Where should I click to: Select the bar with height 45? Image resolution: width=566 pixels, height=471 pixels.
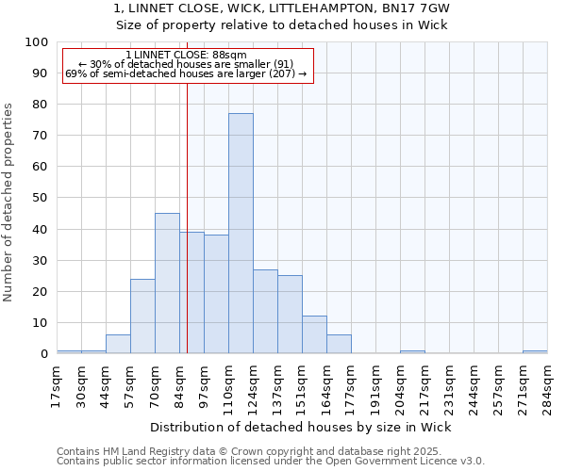coord(167,283)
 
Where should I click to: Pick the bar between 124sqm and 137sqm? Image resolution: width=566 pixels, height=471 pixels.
coord(265,311)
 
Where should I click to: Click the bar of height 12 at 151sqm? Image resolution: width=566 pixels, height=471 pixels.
coord(314,334)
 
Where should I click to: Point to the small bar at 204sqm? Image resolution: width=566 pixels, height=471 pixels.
coord(412,351)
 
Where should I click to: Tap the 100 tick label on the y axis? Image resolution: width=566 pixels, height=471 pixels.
coord(37,42)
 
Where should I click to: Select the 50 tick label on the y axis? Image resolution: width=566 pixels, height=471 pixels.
coord(41,198)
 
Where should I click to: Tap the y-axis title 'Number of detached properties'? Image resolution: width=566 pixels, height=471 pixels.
coord(9,202)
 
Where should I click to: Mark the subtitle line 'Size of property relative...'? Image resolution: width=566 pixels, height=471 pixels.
coord(282,24)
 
